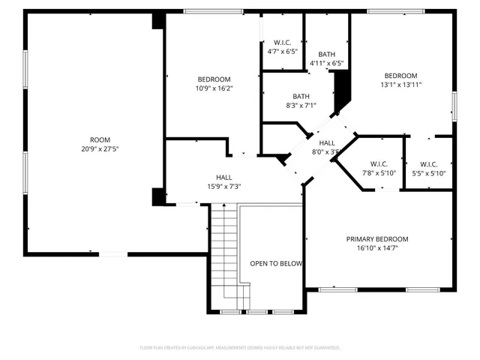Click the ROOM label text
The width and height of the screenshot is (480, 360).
100,139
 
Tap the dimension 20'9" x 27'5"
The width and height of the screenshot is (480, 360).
100,148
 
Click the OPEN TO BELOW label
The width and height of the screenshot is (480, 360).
276,263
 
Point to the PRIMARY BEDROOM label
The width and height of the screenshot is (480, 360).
377,239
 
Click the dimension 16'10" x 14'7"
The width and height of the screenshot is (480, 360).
377,248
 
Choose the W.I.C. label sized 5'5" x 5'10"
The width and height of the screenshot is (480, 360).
429,164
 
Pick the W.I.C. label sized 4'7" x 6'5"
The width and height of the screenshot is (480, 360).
282,43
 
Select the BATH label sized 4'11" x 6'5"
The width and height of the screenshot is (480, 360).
327,54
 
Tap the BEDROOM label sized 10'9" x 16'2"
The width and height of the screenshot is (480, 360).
214,79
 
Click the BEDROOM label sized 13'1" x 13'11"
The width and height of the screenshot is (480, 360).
400,75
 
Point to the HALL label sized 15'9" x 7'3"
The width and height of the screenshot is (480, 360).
223,178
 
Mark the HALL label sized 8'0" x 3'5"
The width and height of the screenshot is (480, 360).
327,142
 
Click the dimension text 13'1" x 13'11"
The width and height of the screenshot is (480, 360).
400,85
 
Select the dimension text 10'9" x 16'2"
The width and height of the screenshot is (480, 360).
214,88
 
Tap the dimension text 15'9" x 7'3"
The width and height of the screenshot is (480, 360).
223,187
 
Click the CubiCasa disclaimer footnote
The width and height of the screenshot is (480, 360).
240,348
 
